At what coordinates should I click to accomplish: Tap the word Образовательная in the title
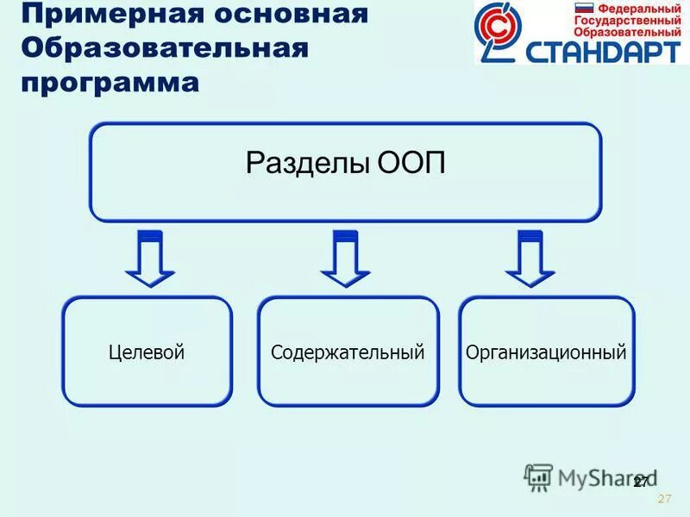(x=164, y=48)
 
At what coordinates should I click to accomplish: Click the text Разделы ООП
(x=346, y=164)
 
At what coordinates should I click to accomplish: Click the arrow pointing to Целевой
(x=150, y=258)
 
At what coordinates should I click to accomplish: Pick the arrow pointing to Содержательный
(x=345, y=258)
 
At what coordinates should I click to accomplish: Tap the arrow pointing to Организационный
(x=530, y=258)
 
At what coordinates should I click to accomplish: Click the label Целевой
(x=147, y=352)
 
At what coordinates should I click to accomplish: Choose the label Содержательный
(x=348, y=352)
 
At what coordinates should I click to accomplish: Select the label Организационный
(x=545, y=352)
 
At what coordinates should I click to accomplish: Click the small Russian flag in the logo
(x=584, y=9)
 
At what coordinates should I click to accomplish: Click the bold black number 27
(x=640, y=482)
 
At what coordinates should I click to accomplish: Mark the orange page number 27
(x=664, y=500)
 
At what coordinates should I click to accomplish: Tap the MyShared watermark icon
(x=538, y=476)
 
